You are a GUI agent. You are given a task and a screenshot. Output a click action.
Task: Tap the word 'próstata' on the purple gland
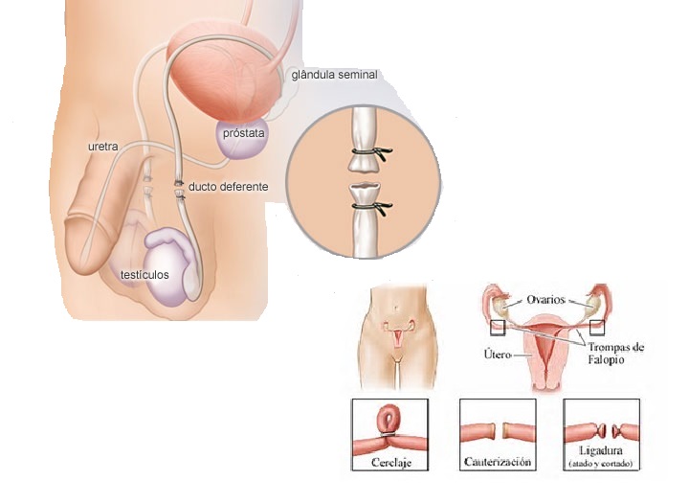click(243, 133)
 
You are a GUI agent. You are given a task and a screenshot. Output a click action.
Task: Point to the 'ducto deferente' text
click(228, 186)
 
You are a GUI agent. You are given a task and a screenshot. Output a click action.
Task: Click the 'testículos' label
click(144, 275)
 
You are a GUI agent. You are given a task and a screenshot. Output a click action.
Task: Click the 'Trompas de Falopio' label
click(612, 352)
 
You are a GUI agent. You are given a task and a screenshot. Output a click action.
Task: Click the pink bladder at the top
click(224, 73)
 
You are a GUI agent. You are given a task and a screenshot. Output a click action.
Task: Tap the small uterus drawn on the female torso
click(394, 336)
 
